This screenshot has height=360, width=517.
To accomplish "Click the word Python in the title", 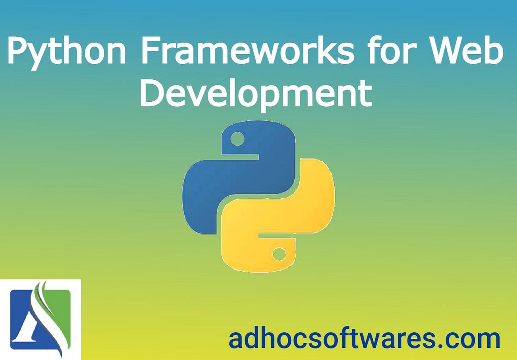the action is pyautogui.click(x=66, y=53).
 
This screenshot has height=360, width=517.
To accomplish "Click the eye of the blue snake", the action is pyautogui.click(x=237, y=139).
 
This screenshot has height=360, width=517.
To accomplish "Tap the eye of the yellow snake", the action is pyautogui.click(x=279, y=254).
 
